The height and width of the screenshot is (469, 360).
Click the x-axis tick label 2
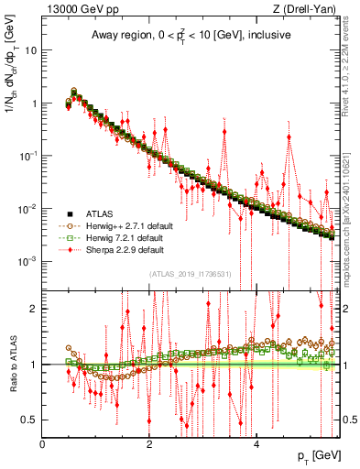click(149, 444)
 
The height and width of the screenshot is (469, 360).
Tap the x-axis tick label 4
click(256, 444)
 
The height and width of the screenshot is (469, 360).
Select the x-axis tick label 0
click(43, 444)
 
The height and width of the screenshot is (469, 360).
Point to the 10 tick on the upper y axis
click(31, 50)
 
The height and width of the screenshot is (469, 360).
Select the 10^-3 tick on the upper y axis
click(27, 261)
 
